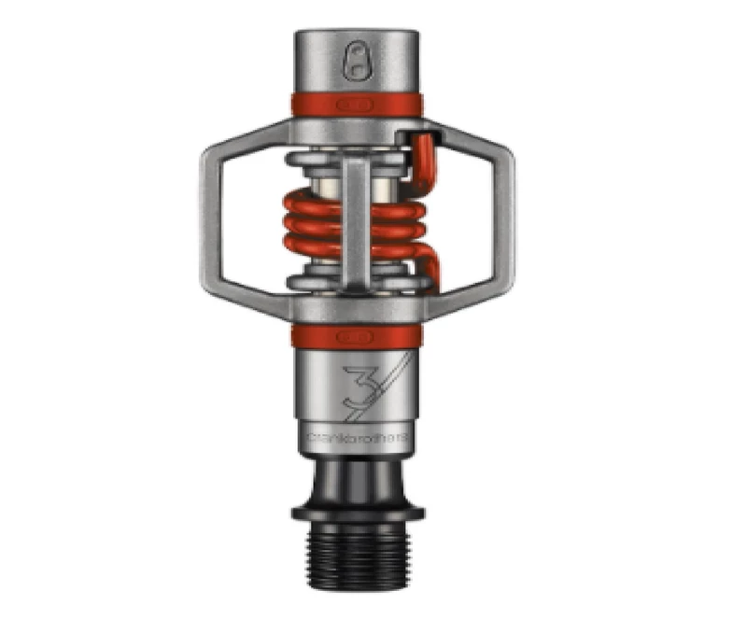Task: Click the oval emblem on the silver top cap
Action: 357,63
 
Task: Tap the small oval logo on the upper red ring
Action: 357,103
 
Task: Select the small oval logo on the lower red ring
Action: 357,334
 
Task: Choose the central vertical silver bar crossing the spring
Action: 356,224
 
